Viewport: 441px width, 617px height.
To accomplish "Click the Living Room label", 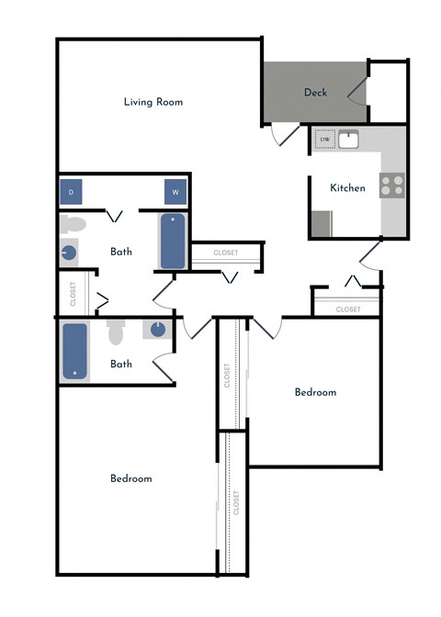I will pos(153,102).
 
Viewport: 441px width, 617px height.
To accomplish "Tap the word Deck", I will pos(316,93).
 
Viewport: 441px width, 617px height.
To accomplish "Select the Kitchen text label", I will pos(348,188).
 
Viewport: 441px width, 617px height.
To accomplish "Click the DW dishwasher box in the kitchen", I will pos(324,140).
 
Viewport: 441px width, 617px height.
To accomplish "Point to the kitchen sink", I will pos(348,140).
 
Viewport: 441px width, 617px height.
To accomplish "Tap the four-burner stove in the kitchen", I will pos(392,185).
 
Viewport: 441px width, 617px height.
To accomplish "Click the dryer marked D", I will pos(72,193).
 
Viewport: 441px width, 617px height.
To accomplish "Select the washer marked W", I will pos(175,193).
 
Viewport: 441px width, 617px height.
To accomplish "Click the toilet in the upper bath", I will pos(73,224).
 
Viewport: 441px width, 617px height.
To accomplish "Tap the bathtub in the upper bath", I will pos(173,241).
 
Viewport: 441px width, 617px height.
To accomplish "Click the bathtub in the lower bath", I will pos(75,351).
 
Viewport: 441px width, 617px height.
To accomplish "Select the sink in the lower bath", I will pos(157,330).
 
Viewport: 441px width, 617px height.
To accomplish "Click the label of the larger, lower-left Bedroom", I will pos(131,478).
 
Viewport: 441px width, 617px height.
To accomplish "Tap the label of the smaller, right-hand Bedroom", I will pos(315,392).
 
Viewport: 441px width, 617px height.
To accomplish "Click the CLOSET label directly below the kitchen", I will pos(348,309).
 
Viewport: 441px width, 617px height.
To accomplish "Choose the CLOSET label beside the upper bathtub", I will pos(226,252).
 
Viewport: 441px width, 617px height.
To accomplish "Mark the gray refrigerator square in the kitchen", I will pos(321,223).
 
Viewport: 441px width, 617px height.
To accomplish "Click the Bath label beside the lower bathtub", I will pos(121,364).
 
